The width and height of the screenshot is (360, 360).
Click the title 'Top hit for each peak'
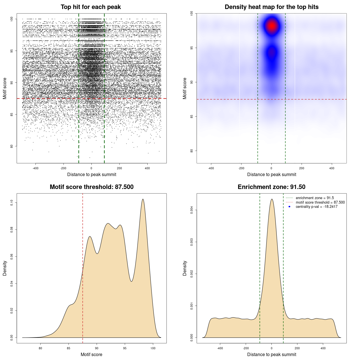91,7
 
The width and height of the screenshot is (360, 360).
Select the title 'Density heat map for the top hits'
271,7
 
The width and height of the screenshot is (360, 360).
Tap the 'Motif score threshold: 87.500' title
91,187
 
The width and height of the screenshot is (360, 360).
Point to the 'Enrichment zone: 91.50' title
271,187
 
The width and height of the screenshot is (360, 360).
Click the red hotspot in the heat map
272,26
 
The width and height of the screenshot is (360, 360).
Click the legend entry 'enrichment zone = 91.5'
315,198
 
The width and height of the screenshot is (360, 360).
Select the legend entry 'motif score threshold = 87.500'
320,202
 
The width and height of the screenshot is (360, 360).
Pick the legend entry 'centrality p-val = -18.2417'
316,207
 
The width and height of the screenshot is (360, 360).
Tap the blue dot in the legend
289,207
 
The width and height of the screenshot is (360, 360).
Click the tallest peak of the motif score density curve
143,199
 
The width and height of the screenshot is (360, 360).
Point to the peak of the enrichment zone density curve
272,199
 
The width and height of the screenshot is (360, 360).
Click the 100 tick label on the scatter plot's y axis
12,19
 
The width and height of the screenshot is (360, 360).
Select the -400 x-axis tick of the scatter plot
35,168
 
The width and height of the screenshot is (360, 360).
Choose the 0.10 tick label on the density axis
12,202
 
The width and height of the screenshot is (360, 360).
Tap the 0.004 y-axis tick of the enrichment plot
192,210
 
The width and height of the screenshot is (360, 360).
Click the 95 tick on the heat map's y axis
192,48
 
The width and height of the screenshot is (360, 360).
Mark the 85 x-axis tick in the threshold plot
69,348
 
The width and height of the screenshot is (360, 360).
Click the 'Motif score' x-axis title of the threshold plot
91,354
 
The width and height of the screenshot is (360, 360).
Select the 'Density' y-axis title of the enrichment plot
185,268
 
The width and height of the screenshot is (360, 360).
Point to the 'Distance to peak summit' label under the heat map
271,174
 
